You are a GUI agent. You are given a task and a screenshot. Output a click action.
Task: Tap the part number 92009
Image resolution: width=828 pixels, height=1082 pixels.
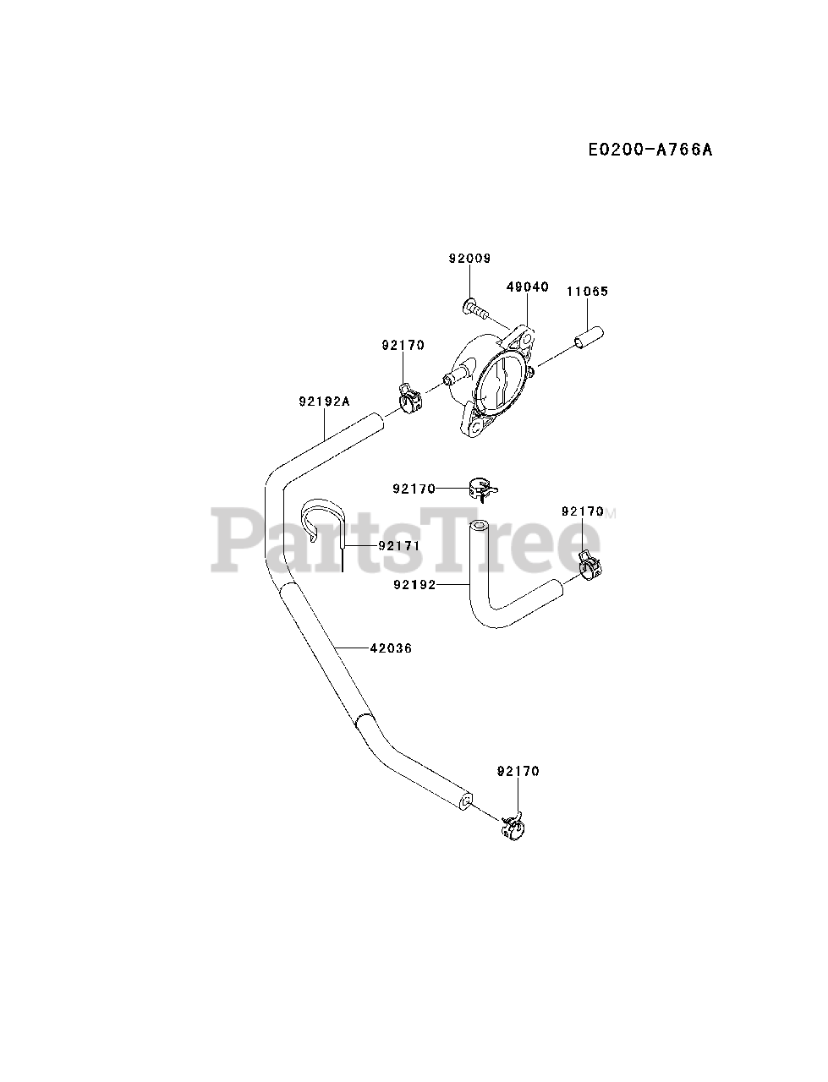coord(469,259)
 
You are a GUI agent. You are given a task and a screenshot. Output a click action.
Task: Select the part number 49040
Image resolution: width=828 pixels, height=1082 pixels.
coord(528,287)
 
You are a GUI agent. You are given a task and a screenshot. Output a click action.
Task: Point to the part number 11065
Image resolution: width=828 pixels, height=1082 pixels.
coord(587,292)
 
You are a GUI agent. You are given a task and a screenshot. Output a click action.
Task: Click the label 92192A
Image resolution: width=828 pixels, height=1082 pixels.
coord(323,402)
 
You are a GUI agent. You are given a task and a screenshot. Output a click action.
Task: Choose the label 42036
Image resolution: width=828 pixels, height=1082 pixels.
coord(391,648)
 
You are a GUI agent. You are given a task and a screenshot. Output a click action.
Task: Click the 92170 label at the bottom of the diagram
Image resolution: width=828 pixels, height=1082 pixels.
coord(518,771)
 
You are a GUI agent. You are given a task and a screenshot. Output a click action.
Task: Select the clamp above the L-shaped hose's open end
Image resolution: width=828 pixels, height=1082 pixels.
coord(482,489)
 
